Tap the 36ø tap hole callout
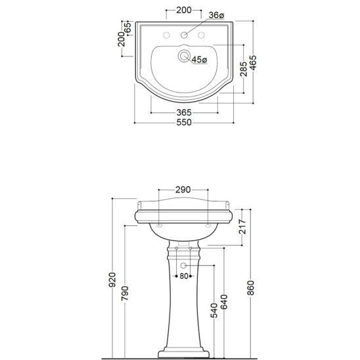pyautogui.click(x=216, y=15)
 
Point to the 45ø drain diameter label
pyautogui.click(x=199, y=60)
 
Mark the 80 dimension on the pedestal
pyautogui.click(x=185, y=276)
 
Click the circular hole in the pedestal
pyautogui.click(x=185, y=264)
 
